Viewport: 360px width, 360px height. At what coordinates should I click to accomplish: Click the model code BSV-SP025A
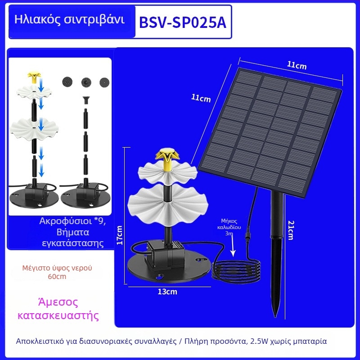(183, 22)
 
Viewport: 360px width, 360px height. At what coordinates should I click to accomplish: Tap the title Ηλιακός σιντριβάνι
(69, 20)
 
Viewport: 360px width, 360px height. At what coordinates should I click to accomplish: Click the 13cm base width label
(167, 292)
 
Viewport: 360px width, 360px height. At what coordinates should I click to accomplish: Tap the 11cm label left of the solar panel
(201, 97)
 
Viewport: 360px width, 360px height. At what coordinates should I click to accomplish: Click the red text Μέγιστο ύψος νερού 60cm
(57, 272)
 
